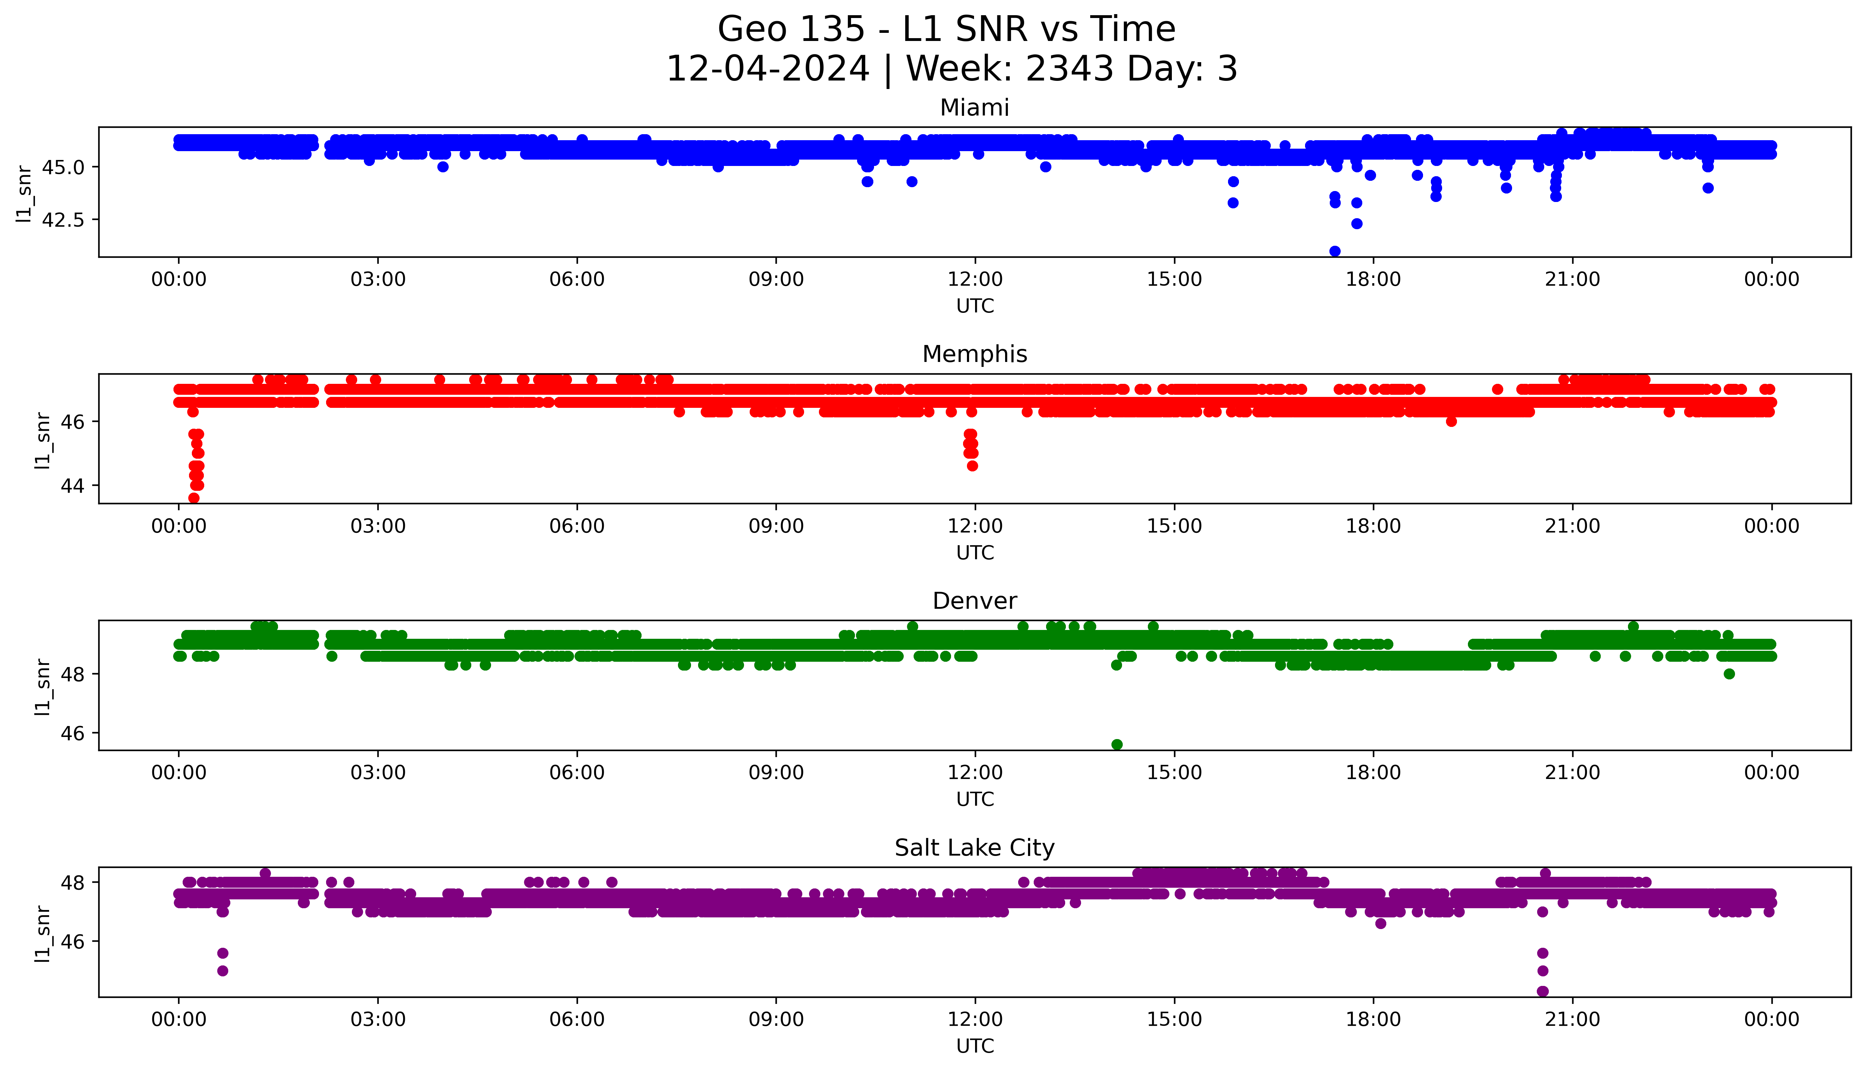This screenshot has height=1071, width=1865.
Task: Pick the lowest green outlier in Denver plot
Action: coord(1117,744)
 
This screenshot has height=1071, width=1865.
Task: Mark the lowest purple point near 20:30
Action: coord(1543,991)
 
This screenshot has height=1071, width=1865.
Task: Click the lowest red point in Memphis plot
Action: coord(194,498)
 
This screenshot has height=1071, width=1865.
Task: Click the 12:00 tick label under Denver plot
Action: coord(975,772)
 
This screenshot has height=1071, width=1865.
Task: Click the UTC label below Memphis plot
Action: coord(975,552)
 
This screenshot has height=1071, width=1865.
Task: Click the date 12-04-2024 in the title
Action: coord(767,69)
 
